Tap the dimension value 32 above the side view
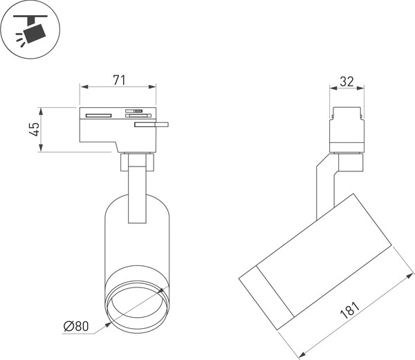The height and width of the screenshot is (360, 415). coord(347,81)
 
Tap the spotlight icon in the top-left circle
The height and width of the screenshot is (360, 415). coord(31,30)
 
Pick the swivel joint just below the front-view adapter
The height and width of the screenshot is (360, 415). coord(136,162)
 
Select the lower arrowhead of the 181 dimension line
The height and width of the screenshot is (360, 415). coord(302,356)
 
